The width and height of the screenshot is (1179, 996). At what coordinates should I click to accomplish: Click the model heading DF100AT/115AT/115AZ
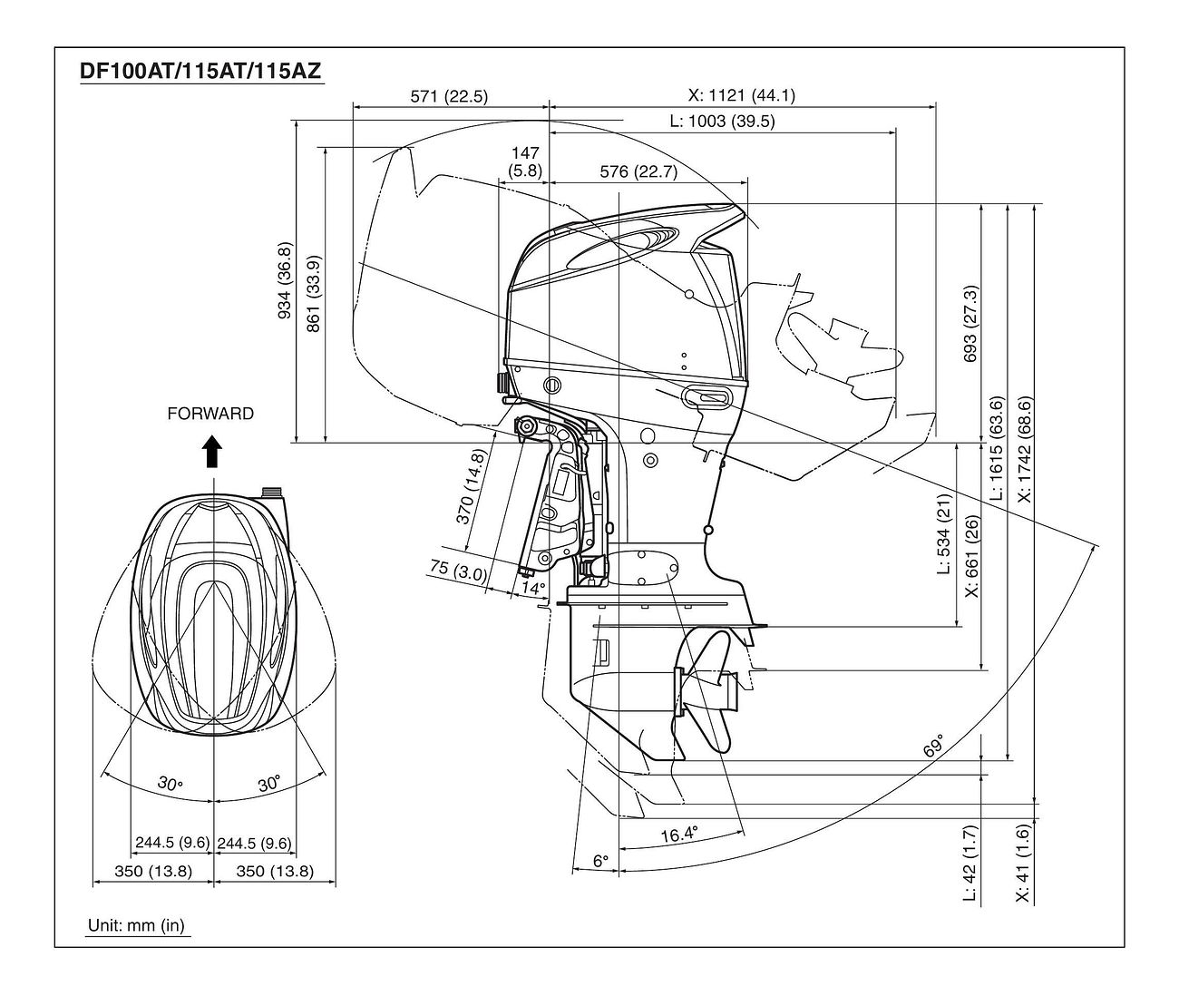tap(201, 71)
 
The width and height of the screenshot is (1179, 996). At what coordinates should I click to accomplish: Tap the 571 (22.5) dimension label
tap(449, 96)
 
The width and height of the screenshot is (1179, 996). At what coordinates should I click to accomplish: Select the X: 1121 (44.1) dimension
tap(741, 95)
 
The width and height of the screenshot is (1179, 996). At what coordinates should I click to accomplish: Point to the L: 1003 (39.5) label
tap(722, 121)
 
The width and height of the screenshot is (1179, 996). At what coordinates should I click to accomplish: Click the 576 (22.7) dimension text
tap(638, 171)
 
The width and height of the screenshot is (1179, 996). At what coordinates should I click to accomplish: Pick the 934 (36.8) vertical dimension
tap(285, 280)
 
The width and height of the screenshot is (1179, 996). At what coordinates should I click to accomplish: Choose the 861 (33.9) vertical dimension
tap(314, 293)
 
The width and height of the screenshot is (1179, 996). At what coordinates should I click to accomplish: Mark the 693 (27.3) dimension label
tap(971, 323)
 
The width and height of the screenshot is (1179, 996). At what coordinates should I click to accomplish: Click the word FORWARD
tap(210, 414)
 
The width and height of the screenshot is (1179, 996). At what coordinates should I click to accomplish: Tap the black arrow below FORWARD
tap(211, 452)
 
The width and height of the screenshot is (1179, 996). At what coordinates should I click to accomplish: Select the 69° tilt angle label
tap(933, 747)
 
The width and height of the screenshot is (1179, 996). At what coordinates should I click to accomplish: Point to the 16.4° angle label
tap(679, 834)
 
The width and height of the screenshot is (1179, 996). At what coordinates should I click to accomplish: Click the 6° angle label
tap(600, 861)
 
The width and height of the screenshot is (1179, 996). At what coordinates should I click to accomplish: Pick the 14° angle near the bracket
tap(533, 588)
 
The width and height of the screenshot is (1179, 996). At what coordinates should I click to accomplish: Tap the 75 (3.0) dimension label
tap(458, 570)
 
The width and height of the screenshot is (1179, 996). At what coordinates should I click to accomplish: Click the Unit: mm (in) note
tap(136, 925)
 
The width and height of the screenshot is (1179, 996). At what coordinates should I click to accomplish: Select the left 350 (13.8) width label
tap(153, 871)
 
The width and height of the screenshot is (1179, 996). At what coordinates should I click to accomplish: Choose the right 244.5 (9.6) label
tap(255, 843)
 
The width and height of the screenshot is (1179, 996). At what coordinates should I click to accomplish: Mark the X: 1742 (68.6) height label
tap(1023, 449)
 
